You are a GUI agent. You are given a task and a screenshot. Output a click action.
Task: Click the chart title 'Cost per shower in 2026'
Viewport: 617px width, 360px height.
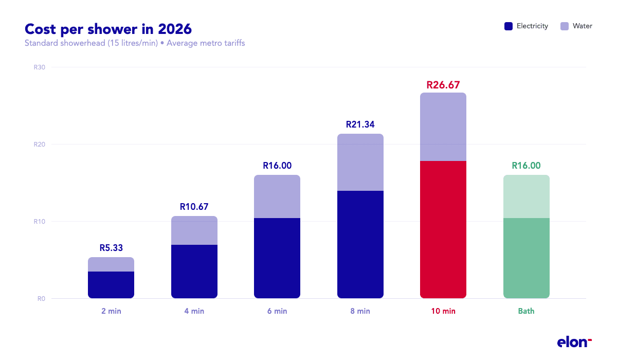pyautogui.click(x=108, y=28)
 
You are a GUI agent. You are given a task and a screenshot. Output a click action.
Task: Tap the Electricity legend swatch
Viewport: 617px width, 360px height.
pyautogui.click(x=509, y=26)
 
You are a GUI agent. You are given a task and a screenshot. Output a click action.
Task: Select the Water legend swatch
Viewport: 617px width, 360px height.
pyautogui.click(x=565, y=26)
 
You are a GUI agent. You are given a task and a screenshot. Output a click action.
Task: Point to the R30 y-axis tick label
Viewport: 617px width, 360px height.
pyautogui.click(x=40, y=67)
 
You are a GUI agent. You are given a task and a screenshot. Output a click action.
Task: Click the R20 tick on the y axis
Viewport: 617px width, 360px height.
pyautogui.click(x=40, y=145)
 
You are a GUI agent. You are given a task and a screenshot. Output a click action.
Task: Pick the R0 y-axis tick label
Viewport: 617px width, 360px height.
pyautogui.click(x=41, y=299)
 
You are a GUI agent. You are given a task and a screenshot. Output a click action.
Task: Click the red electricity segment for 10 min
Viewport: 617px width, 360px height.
pyautogui.click(x=443, y=229)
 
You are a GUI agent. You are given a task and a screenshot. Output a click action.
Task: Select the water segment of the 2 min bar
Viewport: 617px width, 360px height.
pyautogui.click(x=111, y=264)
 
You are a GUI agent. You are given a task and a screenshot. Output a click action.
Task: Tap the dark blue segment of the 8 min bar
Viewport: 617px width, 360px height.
pyautogui.click(x=360, y=244)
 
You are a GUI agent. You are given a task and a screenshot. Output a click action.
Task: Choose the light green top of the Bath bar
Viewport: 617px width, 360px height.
pyautogui.click(x=527, y=196)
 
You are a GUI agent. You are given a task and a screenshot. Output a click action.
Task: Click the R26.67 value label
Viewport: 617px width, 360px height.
pyautogui.click(x=443, y=85)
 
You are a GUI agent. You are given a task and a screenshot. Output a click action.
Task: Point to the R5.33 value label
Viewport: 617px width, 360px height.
pyautogui.click(x=111, y=248)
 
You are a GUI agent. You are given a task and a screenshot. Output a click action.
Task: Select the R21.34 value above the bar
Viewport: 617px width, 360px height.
pyautogui.click(x=360, y=124)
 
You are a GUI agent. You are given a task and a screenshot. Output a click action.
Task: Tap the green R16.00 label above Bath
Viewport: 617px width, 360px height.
pyautogui.click(x=527, y=166)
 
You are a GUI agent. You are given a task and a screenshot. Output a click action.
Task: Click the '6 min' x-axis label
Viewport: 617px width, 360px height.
pyautogui.click(x=277, y=311)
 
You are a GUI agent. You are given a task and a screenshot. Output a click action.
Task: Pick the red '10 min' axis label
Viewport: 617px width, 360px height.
pyautogui.click(x=443, y=311)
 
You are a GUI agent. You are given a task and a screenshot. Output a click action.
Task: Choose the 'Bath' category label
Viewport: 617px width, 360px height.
pyautogui.click(x=527, y=311)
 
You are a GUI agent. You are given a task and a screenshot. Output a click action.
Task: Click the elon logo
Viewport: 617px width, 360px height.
pyautogui.click(x=574, y=342)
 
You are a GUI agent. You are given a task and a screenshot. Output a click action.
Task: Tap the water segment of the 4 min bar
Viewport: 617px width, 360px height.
pyautogui.click(x=194, y=230)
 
